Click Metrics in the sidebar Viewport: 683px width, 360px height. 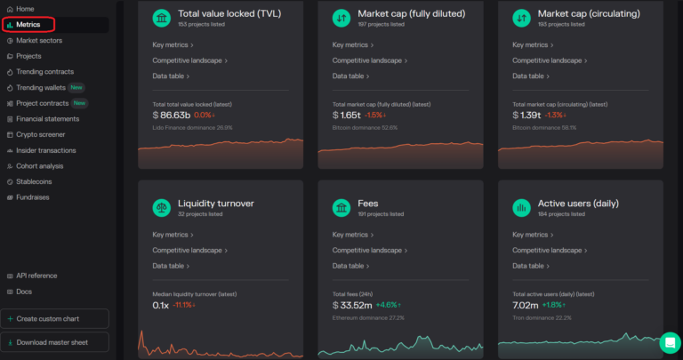(28, 24)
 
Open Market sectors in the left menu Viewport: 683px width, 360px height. (39, 40)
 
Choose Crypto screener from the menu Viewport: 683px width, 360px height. (40, 134)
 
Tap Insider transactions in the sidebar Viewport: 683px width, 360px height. (46, 150)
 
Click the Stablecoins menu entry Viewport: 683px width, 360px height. (35, 181)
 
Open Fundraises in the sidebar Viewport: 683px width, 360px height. (35, 196)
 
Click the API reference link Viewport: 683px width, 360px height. (36, 276)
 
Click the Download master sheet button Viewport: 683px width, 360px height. (56, 341)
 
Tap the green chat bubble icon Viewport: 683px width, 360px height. (670, 342)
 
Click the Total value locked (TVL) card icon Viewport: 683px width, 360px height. (162, 18)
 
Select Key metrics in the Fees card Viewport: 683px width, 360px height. (350, 235)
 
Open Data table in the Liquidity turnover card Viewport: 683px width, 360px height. (169, 266)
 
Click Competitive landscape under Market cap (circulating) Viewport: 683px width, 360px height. (548, 60)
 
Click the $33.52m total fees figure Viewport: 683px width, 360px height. (353, 305)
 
